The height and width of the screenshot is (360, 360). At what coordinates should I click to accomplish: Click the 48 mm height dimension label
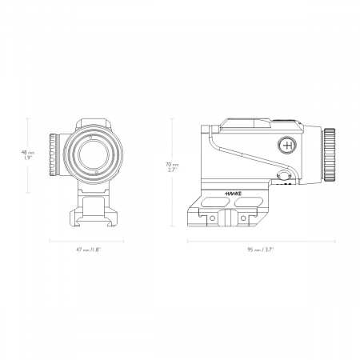27,154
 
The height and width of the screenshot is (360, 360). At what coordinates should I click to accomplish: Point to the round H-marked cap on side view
289,146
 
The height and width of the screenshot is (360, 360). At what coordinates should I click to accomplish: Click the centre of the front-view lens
87,152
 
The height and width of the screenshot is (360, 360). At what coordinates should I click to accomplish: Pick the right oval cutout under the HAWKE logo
248,203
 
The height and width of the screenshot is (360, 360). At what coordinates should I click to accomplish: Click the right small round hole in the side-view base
242,217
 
